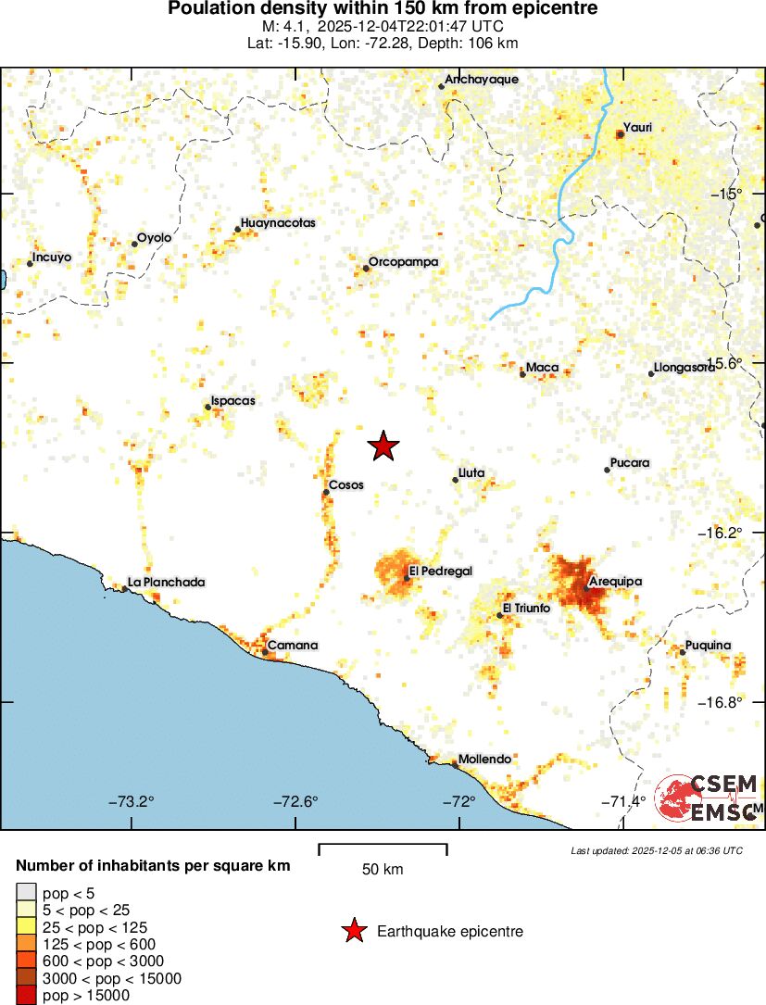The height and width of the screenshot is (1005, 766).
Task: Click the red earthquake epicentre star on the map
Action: (x=383, y=446)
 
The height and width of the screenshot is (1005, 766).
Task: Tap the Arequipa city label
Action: (x=615, y=582)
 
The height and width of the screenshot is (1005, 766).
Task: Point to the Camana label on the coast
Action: (x=293, y=646)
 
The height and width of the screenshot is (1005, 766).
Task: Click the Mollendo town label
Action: (x=485, y=760)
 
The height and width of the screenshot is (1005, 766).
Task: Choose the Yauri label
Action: (x=638, y=127)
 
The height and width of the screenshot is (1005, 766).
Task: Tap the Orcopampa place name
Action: (x=403, y=262)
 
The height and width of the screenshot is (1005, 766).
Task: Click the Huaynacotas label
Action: (x=278, y=223)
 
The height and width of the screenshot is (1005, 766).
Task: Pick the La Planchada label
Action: (x=167, y=583)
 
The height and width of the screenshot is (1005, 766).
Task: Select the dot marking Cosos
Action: (x=326, y=493)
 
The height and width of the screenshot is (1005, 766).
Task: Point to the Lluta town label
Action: (x=471, y=473)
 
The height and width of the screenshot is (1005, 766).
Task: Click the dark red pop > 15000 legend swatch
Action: (x=26, y=996)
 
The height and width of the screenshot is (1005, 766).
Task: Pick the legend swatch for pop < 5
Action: (x=26, y=894)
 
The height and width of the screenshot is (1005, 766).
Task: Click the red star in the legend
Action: (x=353, y=932)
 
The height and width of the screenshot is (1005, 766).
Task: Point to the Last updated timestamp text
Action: (x=656, y=850)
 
